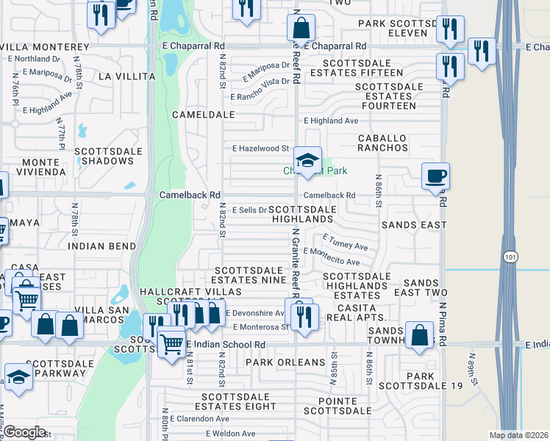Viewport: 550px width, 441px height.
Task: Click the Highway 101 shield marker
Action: (510, 257)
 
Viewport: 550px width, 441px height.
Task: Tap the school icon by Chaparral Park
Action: (307, 159)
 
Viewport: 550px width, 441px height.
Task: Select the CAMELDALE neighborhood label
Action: (203, 115)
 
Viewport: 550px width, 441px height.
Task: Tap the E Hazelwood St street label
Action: (260, 148)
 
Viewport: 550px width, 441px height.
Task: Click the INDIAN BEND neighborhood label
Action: (101, 246)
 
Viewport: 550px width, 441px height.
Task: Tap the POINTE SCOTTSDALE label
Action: (340, 406)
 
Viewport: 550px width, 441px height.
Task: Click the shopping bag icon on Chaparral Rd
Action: (301, 29)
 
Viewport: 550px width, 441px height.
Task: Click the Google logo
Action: (24, 432)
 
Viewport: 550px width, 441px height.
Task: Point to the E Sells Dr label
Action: (249, 210)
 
